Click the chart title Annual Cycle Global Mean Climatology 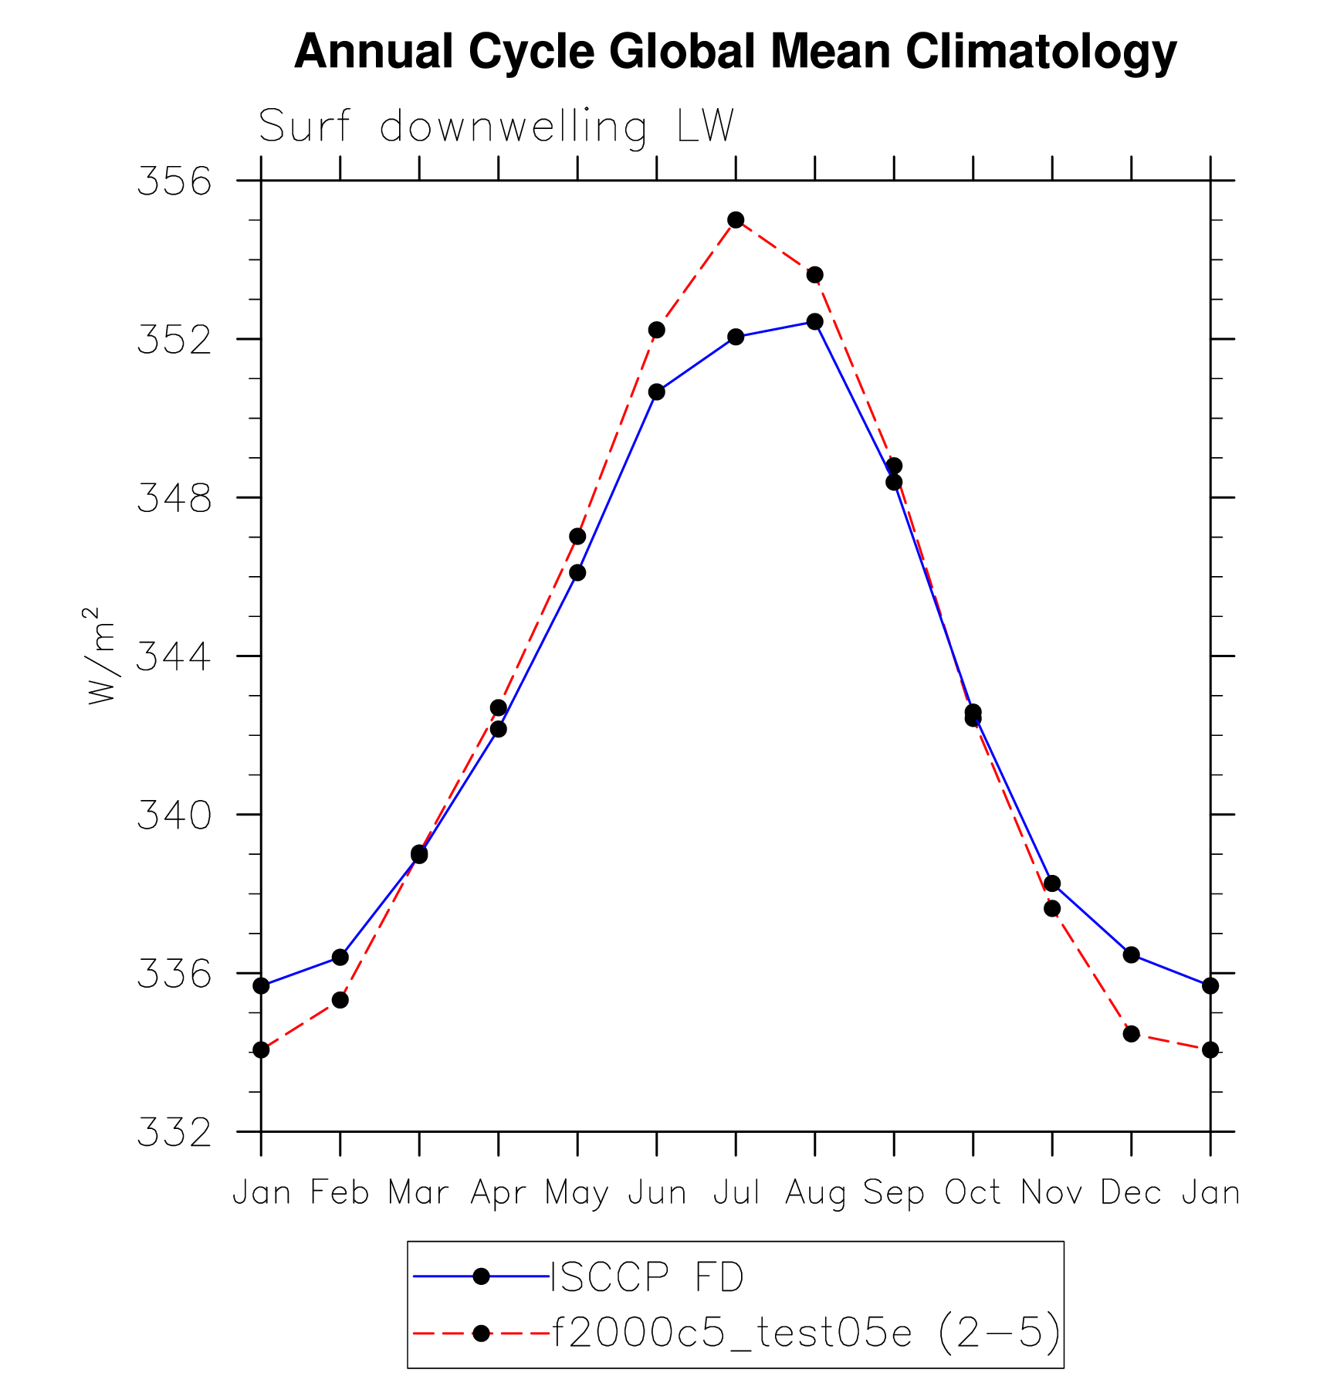[x=735, y=52]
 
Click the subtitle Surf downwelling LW [x=496, y=127]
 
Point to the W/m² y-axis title [x=101, y=656]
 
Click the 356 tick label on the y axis [x=174, y=182]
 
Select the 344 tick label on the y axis [x=174, y=657]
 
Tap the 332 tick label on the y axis [x=174, y=1133]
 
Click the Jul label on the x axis [x=736, y=1193]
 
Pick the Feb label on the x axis [x=340, y=1193]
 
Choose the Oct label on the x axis [x=973, y=1193]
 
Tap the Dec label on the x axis [x=1131, y=1193]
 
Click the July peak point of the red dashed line [x=736, y=220]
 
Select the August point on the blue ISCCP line [x=814, y=321]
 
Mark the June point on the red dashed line [x=657, y=330]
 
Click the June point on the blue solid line [x=657, y=392]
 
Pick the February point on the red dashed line [x=340, y=1000]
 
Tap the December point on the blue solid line [x=1132, y=955]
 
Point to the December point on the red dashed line [x=1132, y=1034]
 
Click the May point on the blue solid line [x=577, y=572]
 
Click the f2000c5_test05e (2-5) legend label [x=806, y=1333]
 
